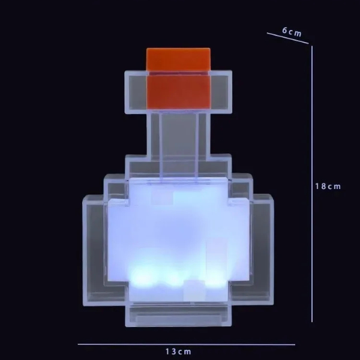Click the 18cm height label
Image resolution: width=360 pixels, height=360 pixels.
coord(328,186)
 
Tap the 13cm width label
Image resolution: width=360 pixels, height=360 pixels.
coord(178,351)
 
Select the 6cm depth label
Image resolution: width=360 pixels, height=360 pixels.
coord(292,32)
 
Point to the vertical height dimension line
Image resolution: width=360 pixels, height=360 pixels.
coord(312,184)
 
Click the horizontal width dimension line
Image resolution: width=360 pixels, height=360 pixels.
coord(186,344)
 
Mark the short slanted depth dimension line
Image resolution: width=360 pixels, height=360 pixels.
coord(287,38)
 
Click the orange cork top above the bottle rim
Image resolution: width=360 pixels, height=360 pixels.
coord(178,59)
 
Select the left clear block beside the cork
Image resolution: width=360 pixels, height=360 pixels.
coord(136,92)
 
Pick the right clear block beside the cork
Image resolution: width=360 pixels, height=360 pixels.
coord(221,92)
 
